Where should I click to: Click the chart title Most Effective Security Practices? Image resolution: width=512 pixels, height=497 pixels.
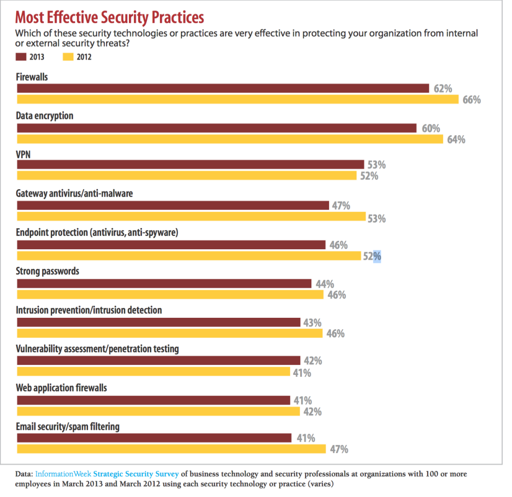coord(109,17)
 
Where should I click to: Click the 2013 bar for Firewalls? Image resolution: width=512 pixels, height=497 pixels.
coord(223,88)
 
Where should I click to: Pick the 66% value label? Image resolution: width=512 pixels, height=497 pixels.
coord(471,100)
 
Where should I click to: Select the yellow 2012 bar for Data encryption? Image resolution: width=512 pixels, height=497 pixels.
coord(230,139)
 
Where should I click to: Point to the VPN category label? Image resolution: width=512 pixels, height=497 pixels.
coord(23,155)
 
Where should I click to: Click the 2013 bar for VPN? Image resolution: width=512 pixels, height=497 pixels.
coord(190,165)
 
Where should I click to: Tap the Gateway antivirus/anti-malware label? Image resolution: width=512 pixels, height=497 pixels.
coord(74,193)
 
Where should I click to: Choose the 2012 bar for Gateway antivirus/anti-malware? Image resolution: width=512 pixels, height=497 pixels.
coord(191,216)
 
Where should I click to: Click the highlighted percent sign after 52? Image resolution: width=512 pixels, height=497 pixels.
coord(377,256)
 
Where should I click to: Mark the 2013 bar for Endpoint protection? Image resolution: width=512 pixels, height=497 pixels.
coord(171,245)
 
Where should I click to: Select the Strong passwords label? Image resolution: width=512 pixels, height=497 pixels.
coord(47,272)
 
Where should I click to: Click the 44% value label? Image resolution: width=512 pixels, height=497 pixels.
coord(325,284)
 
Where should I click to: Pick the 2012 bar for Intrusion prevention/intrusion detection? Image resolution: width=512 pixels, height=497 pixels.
coord(170,333)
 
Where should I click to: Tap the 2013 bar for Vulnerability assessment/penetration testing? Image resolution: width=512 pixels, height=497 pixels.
coord(158,360)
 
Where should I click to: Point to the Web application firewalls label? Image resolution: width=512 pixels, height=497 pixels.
coord(61,388)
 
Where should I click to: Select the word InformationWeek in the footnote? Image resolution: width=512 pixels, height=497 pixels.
coord(63,473)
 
